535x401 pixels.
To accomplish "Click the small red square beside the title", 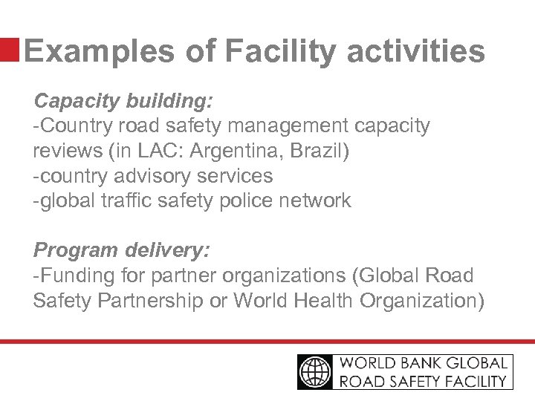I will coord(10,50).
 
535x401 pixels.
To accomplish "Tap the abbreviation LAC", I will coord(160,151).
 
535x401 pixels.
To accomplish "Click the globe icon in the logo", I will coord(317,372).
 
